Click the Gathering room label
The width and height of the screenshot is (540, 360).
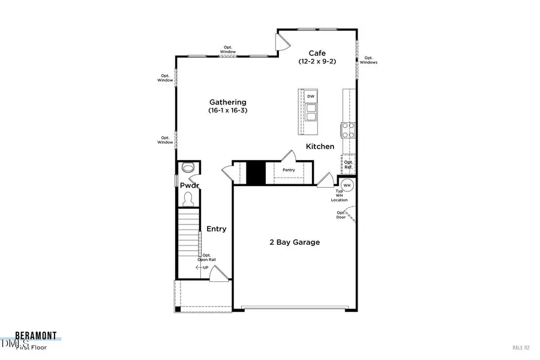(x=227, y=102)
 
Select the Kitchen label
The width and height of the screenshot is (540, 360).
(x=320, y=146)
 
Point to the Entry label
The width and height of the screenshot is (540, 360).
(x=216, y=229)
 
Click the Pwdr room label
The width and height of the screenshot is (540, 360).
(x=190, y=185)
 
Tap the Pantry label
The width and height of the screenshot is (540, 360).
(x=289, y=170)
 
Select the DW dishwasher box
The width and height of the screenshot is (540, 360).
(x=311, y=97)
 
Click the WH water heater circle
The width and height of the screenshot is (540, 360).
(x=348, y=185)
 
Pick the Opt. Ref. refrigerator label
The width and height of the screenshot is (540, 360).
(x=349, y=164)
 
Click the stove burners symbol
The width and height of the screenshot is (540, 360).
(x=348, y=130)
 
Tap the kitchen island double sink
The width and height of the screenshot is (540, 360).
(x=311, y=113)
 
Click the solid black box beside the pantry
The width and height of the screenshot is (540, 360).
(x=256, y=173)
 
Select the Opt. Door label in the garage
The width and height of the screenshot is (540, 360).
(x=341, y=215)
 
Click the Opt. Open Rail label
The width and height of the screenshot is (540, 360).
(x=206, y=257)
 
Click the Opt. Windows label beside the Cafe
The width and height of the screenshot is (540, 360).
(x=368, y=60)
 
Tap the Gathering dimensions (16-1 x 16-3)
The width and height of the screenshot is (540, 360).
(x=227, y=111)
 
